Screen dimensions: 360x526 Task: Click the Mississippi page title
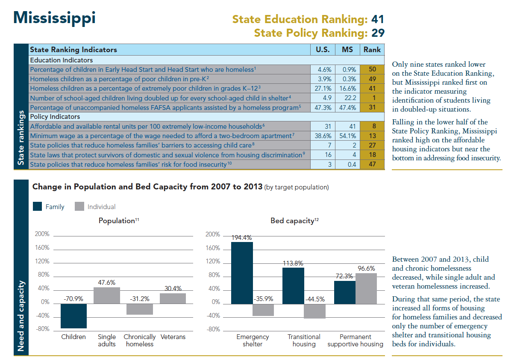coord(54,18)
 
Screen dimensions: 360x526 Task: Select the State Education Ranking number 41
coord(377,19)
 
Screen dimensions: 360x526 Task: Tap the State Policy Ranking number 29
coord(378,33)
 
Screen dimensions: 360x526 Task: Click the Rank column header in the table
coord(372,50)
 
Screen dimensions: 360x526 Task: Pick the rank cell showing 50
coord(372,69)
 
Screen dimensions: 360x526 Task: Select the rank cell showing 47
coord(372,164)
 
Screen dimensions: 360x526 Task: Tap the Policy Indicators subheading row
coord(56,117)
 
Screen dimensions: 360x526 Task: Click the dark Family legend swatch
coord(38,207)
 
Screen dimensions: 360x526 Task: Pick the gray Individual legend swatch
coord(79,207)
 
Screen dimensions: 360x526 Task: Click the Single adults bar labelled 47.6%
coord(107,295)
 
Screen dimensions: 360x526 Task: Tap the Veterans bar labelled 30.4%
coord(173,298)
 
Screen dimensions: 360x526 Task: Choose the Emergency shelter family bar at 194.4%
coord(242,272)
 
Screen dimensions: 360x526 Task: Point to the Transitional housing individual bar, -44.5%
coord(314,311)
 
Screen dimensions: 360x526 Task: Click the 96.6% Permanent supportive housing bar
coord(366,288)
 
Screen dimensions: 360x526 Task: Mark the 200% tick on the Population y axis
coord(42,234)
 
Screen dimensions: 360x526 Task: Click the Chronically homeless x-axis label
coord(140,340)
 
